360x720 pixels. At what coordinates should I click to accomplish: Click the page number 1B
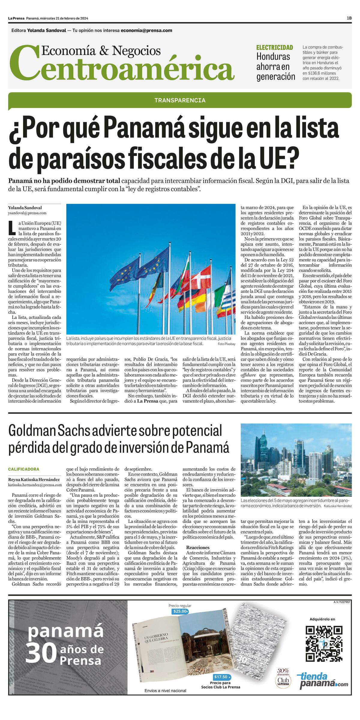349,18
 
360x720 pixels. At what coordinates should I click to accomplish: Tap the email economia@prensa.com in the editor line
146,30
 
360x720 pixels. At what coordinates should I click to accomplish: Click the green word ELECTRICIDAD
274,47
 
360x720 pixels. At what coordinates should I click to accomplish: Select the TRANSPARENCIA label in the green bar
180,100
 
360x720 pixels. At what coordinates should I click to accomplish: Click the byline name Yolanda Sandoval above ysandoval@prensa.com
25,208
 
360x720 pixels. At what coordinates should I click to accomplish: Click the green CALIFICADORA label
24,469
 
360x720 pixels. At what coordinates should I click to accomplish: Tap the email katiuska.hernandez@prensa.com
35,485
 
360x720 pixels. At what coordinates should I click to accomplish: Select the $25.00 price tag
180,611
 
